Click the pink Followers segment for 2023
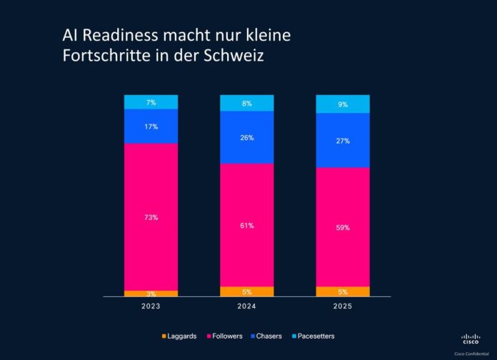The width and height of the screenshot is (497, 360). [x=151, y=216]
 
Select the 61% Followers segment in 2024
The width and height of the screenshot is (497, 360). [x=246, y=225]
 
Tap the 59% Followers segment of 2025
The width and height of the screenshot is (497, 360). [x=343, y=227]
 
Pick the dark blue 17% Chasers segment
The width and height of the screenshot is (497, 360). [x=151, y=126]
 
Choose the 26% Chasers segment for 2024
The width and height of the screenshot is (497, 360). [x=246, y=138]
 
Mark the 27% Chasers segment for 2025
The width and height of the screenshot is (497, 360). [x=343, y=141]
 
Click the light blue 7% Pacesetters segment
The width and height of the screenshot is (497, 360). [x=151, y=102]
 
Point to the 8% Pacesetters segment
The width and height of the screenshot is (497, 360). [x=246, y=103]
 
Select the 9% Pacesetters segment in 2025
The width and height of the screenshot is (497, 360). [x=343, y=104]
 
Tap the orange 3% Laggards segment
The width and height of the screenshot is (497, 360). [x=151, y=294]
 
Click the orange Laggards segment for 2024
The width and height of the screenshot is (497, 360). [x=246, y=291]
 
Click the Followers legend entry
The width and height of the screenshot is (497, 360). [x=226, y=336]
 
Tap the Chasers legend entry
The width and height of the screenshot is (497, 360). [x=268, y=336]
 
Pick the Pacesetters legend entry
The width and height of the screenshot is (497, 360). [x=313, y=336]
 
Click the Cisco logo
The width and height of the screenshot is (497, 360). [x=471, y=339]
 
